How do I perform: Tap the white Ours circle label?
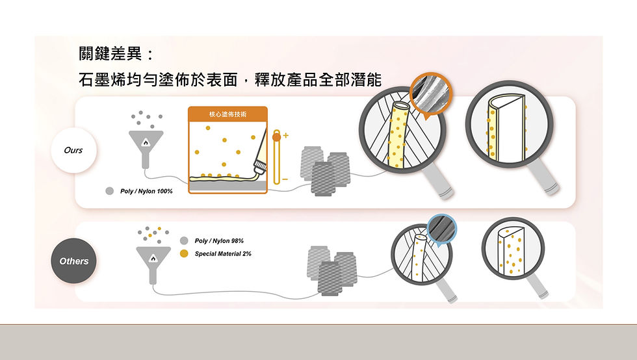pos(73,150)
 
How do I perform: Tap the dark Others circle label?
pos(74,261)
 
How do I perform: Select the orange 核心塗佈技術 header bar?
pos(227,114)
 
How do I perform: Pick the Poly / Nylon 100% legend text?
pos(146,191)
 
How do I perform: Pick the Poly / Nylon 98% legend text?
pos(219,241)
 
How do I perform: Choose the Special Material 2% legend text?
pos(223,253)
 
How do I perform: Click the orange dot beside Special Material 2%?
pos(185,253)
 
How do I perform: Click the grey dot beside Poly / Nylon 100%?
pos(110,191)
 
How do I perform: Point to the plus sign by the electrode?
pos(285,135)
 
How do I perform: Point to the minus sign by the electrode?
pos(285,178)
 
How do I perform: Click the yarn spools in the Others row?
pos(331,269)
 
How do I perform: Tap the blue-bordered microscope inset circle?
pos(442,230)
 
